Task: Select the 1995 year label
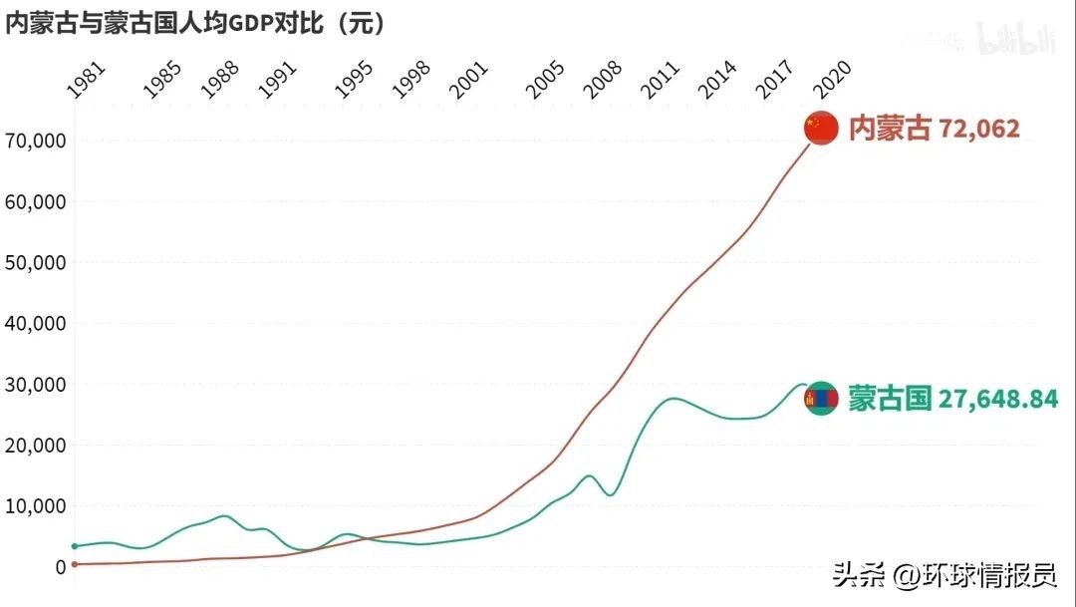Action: click(x=354, y=80)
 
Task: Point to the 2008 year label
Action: click(x=603, y=80)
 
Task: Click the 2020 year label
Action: click(x=831, y=80)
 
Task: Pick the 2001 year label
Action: click(x=469, y=80)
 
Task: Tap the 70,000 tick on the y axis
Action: click(x=37, y=141)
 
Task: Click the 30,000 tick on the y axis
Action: click(x=37, y=385)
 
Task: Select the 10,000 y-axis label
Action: click(x=37, y=506)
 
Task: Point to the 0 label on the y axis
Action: click(x=60, y=567)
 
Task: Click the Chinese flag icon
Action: click(x=821, y=128)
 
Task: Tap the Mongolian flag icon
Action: click(x=821, y=399)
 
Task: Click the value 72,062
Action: click(x=979, y=129)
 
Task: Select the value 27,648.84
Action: click(x=998, y=400)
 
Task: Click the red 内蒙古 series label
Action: click(x=890, y=129)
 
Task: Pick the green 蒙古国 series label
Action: click(x=890, y=400)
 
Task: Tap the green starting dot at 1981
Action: click(x=75, y=546)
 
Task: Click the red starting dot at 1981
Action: click(x=75, y=564)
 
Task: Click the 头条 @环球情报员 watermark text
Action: click(x=944, y=575)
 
